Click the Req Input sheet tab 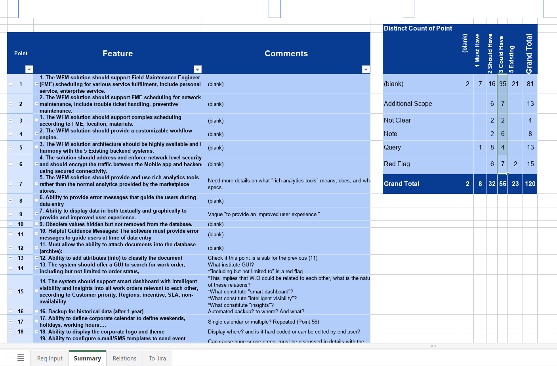click(50, 358)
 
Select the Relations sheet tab click(124, 358)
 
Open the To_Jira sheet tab click(157, 358)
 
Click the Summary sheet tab click(87, 358)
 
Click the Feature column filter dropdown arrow click(198, 69)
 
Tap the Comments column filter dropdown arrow click(366, 69)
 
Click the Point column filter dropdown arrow click(29, 69)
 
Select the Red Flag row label click(397, 164)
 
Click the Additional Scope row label click(408, 103)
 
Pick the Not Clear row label click(397, 120)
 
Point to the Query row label click(392, 147)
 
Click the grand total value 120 click(530, 184)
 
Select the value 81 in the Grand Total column click(530, 84)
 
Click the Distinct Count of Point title click(418, 28)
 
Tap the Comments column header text click(286, 54)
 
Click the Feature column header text click(118, 54)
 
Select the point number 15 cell click(21, 291)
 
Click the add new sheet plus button click(9, 358)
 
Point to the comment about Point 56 click(263, 322)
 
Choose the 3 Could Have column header click(501, 54)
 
